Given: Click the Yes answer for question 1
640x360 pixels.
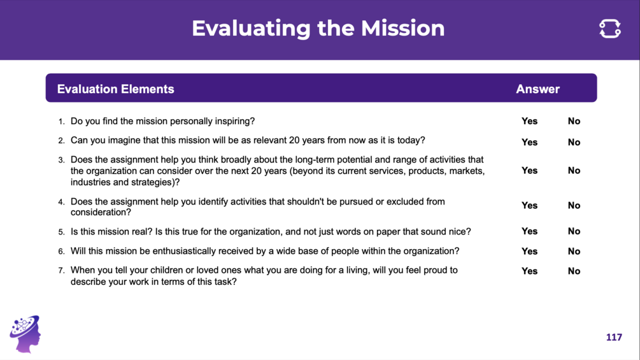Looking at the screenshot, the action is tap(529, 121).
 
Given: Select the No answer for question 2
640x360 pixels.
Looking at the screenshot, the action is tap(574, 143).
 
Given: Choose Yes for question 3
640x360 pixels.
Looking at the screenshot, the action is tap(529, 171).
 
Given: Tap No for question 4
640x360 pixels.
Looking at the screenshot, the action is tap(574, 206).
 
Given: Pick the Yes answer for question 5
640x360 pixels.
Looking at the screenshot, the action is tap(529, 231).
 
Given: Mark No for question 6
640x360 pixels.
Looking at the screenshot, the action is tap(574, 252).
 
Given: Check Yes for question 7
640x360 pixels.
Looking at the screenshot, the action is tap(529, 271).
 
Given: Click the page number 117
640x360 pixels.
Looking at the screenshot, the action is tap(614, 337).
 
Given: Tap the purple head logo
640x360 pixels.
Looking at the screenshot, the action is tap(25, 334).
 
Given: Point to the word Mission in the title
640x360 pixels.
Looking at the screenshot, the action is tap(402, 28).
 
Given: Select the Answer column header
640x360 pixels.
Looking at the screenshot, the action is tap(537, 89).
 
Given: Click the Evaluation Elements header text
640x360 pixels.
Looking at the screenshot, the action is tap(115, 89).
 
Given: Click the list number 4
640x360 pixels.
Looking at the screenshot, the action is tap(61, 202).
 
